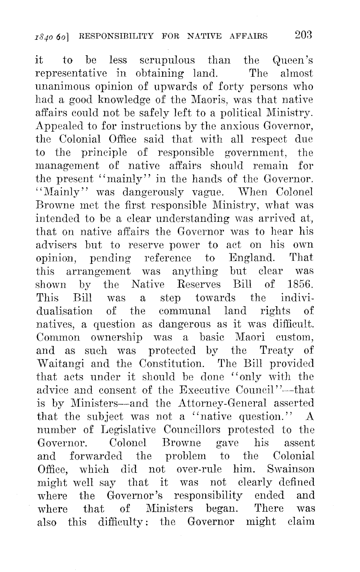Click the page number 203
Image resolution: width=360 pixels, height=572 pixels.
pos(302,35)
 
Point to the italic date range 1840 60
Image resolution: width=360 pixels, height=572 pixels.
pos(54,36)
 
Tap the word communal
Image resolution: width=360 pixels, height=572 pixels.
pos(185,311)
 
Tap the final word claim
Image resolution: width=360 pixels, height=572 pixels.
pos(301,522)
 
